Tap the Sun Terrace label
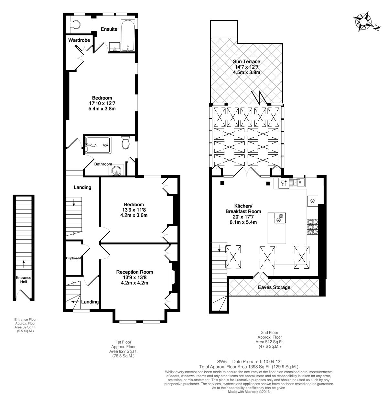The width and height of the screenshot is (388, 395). tap(246, 62)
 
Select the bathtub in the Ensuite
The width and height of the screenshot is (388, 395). tap(128, 36)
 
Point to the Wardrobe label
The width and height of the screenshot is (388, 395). tap(79, 40)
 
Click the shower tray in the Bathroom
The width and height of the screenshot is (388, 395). tap(98, 145)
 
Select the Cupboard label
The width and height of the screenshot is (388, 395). tap(73, 258)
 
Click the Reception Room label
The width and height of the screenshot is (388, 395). tap(135, 272)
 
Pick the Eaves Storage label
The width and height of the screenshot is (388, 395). tap(274, 287)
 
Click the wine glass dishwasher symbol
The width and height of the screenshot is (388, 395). tap(284, 183)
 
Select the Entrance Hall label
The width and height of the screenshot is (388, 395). tap(24, 280)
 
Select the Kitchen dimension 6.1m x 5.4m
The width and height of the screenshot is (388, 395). tap(243, 222)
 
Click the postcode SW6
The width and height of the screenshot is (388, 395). tap(222, 362)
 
